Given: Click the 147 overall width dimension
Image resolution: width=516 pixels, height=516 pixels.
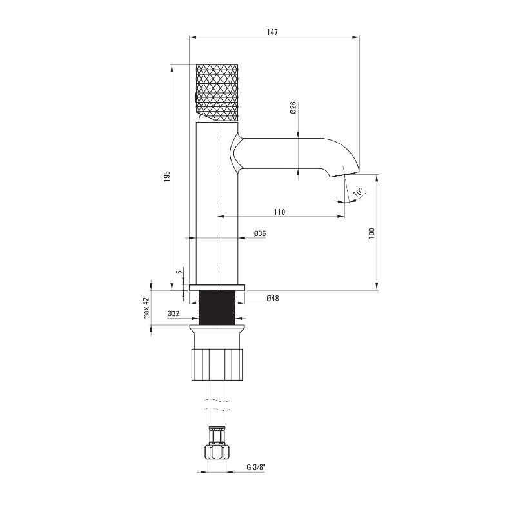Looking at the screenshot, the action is tap(272, 32).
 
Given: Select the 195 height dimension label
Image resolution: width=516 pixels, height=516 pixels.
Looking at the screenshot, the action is tap(167, 176).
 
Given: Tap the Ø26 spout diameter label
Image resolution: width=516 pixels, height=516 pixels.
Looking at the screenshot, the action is tap(293, 108).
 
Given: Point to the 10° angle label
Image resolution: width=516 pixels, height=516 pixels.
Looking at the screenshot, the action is tap(358, 192).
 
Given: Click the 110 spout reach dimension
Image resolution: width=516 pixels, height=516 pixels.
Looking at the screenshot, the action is tap(279, 212).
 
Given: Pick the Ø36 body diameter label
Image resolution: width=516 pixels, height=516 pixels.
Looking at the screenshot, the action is tap(260, 233).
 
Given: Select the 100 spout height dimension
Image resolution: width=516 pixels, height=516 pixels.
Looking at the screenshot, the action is tap(372, 233).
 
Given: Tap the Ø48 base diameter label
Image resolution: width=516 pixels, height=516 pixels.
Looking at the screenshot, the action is tap(272, 298).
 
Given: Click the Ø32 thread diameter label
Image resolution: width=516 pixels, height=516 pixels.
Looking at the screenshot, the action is tap(174, 313).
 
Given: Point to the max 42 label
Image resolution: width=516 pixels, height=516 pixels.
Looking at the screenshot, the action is tap(146, 308).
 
